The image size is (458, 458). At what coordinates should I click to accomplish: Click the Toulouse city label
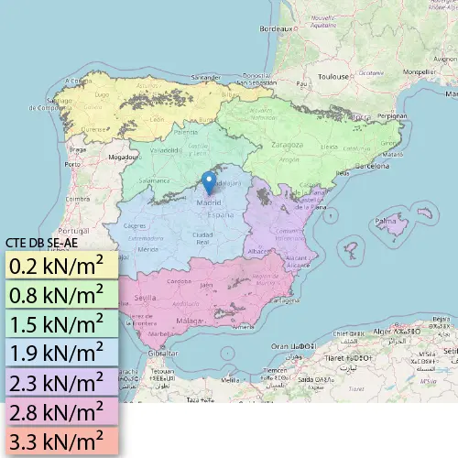tap(333, 77)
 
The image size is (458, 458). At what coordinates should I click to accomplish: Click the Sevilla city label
tap(145, 299)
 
